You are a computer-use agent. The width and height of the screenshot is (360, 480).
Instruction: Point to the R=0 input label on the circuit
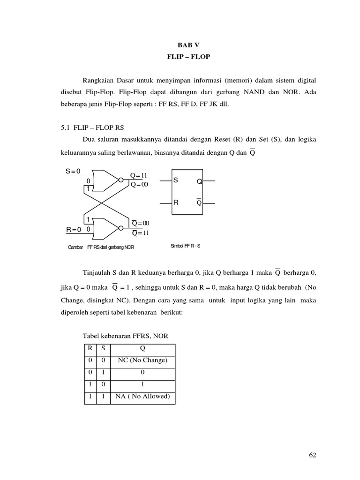(x=74, y=230)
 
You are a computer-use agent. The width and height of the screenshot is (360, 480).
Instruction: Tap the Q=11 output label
(x=139, y=175)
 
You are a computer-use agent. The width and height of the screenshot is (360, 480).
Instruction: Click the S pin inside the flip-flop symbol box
(x=176, y=180)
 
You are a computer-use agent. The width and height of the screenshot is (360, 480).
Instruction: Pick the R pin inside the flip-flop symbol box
(x=176, y=203)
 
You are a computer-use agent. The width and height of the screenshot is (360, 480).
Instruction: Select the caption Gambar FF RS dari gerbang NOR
(x=101, y=247)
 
